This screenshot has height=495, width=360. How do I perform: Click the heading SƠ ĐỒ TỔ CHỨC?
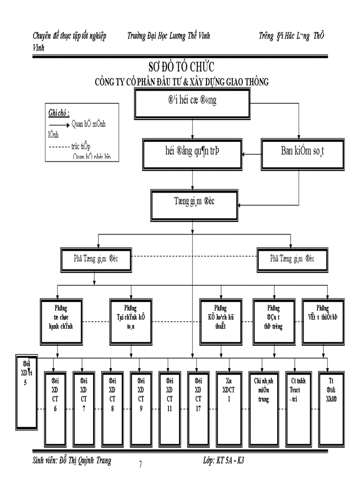pyautogui.click(x=181, y=67)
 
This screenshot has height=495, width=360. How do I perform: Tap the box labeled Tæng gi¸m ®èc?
pyautogui.click(x=192, y=203)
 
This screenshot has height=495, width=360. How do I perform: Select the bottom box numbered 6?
pyautogui.click(x=55, y=409)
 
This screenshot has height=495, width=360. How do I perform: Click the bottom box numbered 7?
pyautogui.click(x=83, y=409)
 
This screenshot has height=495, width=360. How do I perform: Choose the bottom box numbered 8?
pyautogui.click(x=112, y=409)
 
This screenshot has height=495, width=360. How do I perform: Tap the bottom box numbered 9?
pyautogui.click(x=141, y=409)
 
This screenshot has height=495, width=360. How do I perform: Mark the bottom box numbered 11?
pyautogui.click(x=170, y=409)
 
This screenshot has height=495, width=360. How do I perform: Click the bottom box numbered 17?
pyautogui.click(x=198, y=409)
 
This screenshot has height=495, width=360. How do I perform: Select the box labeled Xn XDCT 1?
pyautogui.click(x=229, y=409)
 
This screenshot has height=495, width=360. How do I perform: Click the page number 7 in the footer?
pyautogui.click(x=140, y=464)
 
